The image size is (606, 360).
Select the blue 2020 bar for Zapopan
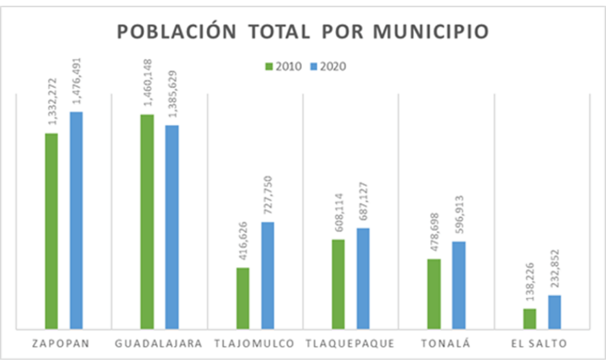tap(76, 220)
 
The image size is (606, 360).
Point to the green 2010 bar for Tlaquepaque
tap(338, 284)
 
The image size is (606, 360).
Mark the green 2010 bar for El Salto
tap(529, 319)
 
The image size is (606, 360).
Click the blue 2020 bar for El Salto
tap(554, 312)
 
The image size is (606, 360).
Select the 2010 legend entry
tap(283, 66)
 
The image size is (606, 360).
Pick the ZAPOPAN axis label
tap(60, 343)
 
